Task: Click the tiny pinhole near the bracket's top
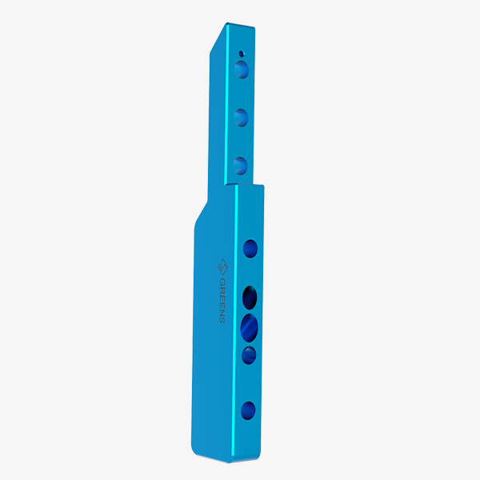coord(242,54)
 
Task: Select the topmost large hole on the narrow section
coord(242,70)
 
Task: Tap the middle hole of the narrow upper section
coord(241,118)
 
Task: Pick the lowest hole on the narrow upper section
coord(240,166)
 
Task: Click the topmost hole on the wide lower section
coord(250,249)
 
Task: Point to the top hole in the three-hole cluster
coord(250,298)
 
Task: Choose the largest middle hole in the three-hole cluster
coord(249,328)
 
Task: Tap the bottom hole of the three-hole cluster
coord(249,355)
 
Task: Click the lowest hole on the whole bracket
coord(248,410)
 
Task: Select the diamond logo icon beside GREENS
coord(223,267)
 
